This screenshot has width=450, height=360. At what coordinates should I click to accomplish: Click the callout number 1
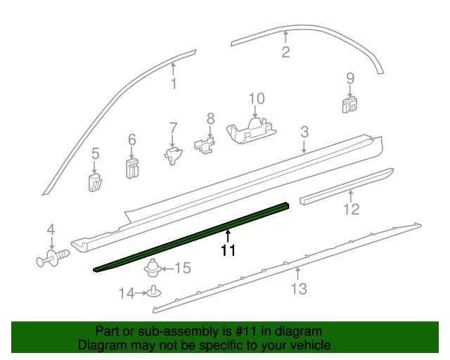pyautogui.click(x=174, y=86)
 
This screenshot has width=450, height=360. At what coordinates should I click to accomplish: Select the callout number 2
pyautogui.click(x=285, y=52)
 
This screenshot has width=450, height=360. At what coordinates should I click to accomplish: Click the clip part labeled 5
pyautogui.click(x=96, y=181)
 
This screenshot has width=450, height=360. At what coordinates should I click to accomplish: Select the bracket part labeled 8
pyautogui.click(x=205, y=146)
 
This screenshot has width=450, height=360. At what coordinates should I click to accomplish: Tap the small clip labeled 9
pyautogui.click(x=349, y=104)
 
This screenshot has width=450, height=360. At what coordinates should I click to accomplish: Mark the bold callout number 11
pyautogui.click(x=228, y=250)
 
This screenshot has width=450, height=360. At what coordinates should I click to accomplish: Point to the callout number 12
pyautogui.click(x=350, y=209)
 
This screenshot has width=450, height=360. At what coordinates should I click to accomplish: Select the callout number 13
pyautogui.click(x=299, y=288)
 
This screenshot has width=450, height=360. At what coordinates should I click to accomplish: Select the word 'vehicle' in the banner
pyautogui.click(x=308, y=345)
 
